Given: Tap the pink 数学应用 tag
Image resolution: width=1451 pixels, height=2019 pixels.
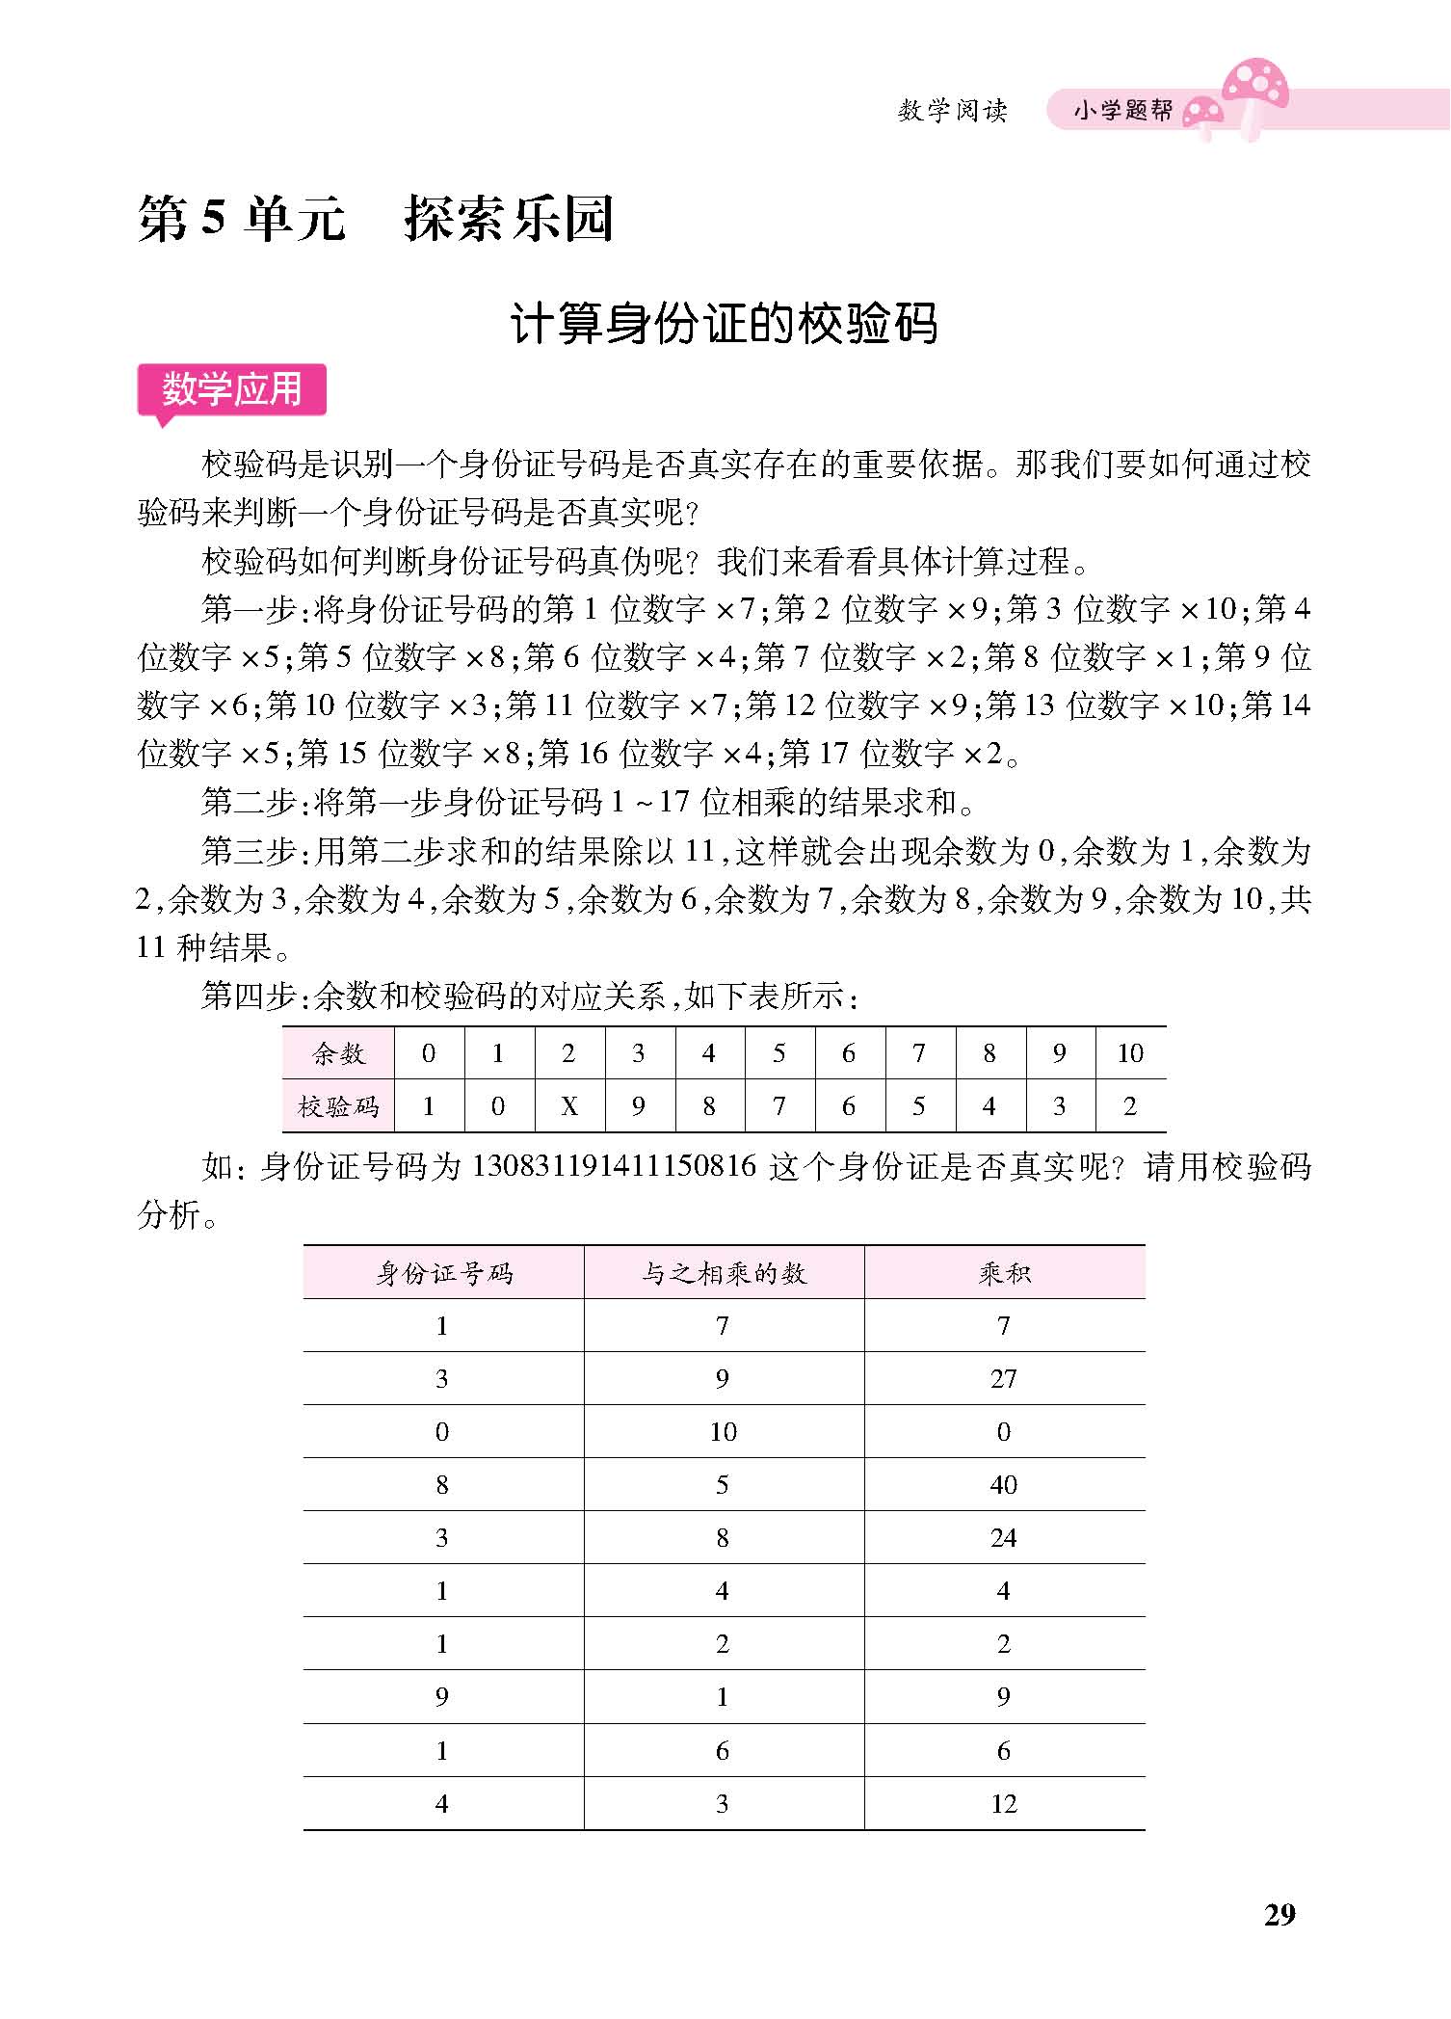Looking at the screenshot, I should (x=231, y=390).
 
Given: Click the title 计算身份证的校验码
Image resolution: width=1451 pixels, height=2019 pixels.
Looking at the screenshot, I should (x=724, y=325).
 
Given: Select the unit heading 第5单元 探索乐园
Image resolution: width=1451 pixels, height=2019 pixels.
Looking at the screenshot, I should (x=376, y=219).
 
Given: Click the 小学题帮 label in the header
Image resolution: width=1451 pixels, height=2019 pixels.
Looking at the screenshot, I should (x=1123, y=111).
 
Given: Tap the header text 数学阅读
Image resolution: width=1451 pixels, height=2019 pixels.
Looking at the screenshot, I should (x=952, y=111).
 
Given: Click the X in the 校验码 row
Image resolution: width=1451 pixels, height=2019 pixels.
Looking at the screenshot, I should (x=568, y=1106).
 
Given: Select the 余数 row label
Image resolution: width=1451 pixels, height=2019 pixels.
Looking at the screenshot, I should (x=339, y=1053).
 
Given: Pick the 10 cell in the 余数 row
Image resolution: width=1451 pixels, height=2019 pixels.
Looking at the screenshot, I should (x=1129, y=1053).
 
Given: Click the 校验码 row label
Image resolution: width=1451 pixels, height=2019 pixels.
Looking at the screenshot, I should (x=339, y=1106).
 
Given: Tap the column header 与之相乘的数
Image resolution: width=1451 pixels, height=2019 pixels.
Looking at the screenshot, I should (x=724, y=1273).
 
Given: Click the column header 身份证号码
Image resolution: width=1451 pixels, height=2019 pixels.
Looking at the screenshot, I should (x=443, y=1273).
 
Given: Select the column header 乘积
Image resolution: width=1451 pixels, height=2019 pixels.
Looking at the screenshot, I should (x=1004, y=1273).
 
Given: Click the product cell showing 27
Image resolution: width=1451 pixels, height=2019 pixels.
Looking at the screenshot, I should (x=1003, y=1379).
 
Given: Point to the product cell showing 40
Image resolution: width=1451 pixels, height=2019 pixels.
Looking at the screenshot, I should (x=1003, y=1485).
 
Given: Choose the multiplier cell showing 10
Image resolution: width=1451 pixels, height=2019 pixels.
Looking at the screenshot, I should (x=723, y=1432).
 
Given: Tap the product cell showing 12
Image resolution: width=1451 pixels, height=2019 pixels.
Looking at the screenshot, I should (x=1003, y=1804).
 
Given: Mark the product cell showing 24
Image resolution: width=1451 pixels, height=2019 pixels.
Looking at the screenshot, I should (x=1003, y=1538).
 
